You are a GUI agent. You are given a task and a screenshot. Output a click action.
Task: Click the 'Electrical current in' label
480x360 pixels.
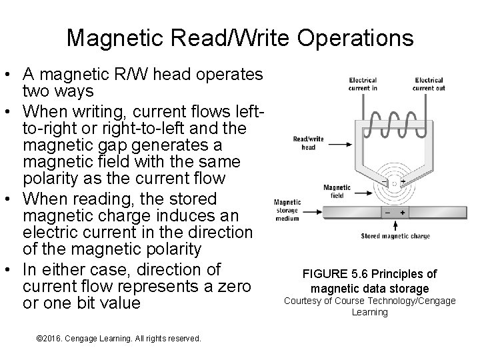click(x=363, y=84)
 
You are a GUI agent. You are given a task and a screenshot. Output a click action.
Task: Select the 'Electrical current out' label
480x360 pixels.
click(x=428, y=84)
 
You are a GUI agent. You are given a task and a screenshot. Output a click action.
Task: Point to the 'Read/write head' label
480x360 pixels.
click(x=308, y=143)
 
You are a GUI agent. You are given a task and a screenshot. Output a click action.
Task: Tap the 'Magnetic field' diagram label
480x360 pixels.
click(x=336, y=192)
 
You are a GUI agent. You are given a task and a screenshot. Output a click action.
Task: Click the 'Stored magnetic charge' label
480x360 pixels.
click(x=395, y=235)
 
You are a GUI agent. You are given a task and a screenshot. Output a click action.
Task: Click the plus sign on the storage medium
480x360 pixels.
click(x=403, y=212)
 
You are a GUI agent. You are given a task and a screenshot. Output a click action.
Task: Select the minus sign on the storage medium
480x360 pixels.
click(x=387, y=212)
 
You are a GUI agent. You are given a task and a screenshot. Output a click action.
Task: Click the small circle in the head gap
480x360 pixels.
click(x=395, y=181)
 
